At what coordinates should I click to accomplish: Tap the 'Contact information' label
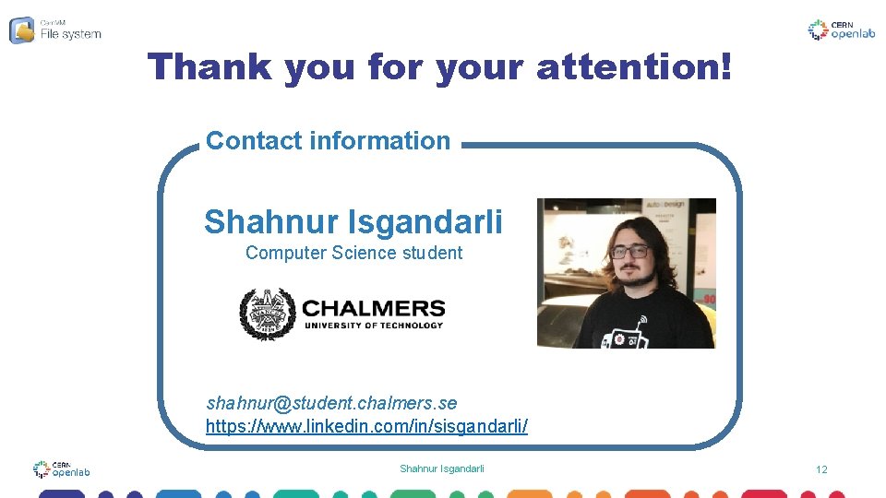point(328,141)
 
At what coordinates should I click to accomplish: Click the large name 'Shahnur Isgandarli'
point(353,222)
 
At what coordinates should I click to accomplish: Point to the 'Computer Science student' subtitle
point(353,253)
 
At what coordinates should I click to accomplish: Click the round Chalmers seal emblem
point(267,314)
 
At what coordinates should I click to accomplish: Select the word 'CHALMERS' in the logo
point(373,308)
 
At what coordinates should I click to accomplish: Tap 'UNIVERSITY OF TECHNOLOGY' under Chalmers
point(373,325)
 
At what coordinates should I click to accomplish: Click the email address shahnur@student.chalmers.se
point(331,403)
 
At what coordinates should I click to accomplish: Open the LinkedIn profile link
point(366,427)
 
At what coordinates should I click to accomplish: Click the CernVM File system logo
point(55,30)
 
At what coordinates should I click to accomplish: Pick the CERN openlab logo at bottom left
point(61,469)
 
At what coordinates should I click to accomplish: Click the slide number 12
point(821,470)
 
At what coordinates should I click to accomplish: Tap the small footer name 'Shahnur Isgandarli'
point(441,469)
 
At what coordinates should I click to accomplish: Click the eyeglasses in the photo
point(630,251)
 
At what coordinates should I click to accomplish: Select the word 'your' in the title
point(481,66)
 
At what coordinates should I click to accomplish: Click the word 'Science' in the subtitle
point(364,253)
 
